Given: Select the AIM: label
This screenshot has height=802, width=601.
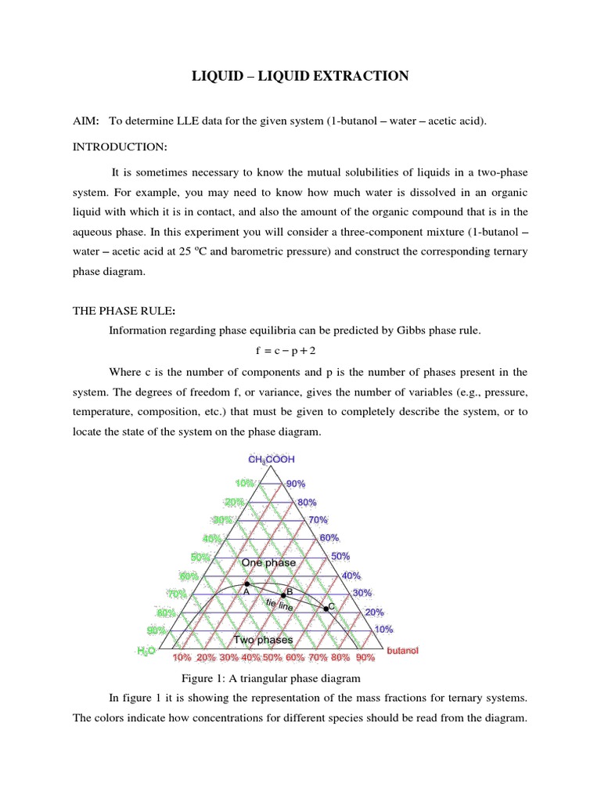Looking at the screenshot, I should click(85, 121).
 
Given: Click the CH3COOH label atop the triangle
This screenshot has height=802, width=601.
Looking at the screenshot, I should click(272, 460).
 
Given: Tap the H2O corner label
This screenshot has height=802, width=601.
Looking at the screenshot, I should click(146, 650).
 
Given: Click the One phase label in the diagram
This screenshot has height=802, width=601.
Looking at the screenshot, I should click(268, 562).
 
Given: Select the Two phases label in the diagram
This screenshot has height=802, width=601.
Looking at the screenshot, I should click(264, 640).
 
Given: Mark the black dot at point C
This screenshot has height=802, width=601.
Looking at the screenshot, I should click(327, 609).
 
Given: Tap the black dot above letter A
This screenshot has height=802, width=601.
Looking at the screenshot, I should click(247, 583).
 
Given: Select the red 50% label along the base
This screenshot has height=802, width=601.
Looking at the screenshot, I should click(272, 657).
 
